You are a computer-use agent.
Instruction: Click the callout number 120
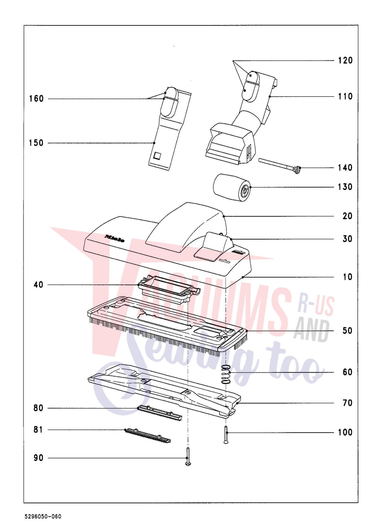click(345, 60)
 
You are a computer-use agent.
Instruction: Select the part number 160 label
click(36, 99)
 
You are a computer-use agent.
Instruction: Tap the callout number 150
click(36, 143)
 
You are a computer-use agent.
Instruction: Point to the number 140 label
click(345, 168)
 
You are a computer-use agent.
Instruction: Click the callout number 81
click(38, 430)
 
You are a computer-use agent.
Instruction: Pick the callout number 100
click(345, 432)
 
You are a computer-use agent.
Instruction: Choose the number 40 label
click(38, 285)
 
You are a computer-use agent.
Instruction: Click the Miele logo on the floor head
click(115, 238)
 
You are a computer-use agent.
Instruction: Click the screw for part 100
click(226, 435)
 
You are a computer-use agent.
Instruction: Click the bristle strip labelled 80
click(160, 413)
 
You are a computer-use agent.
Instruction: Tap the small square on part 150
click(157, 156)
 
